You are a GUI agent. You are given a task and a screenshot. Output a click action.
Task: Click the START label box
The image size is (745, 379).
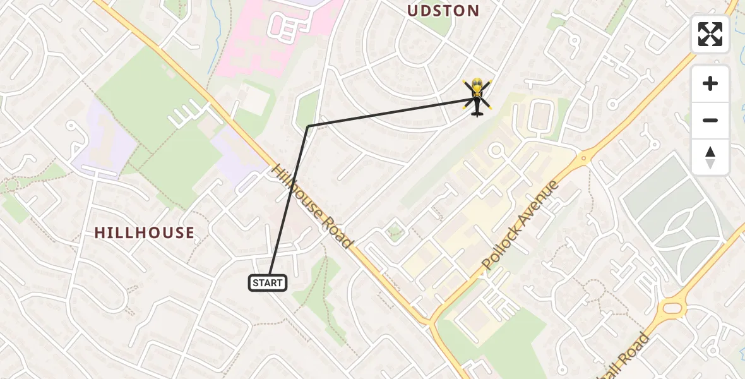268,283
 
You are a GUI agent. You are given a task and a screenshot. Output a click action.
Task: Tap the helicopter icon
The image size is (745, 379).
476,98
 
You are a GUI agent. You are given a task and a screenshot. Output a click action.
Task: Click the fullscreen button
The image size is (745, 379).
710,34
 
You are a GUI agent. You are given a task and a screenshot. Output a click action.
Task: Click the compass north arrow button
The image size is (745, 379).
710,157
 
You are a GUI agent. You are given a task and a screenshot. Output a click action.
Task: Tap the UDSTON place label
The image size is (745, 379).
443,11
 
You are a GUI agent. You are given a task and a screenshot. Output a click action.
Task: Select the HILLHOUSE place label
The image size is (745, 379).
144,232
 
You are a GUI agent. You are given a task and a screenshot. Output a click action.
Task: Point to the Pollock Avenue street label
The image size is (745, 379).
521,225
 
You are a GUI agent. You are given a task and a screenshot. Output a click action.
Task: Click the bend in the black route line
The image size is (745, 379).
307,126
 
